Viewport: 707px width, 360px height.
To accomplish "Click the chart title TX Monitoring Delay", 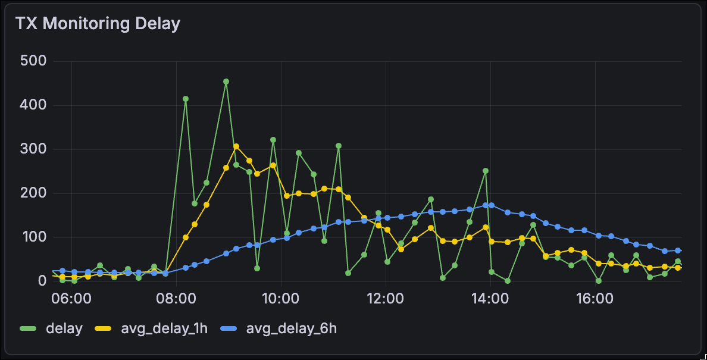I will click(x=98, y=24).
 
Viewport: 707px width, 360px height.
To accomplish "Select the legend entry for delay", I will click(x=64, y=328).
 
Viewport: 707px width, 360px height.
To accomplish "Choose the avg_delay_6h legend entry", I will click(x=291, y=328).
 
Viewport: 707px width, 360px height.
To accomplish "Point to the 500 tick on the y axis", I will click(x=33, y=61).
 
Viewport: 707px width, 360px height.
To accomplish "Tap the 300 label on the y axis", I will click(x=33, y=149).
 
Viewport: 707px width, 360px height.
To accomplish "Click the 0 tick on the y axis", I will click(x=42, y=281).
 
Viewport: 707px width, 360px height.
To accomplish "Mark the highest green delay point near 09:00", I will click(x=226, y=82).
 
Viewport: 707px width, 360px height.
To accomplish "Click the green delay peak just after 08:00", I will click(x=186, y=99).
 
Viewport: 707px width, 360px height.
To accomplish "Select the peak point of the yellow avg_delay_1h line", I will click(x=236, y=146).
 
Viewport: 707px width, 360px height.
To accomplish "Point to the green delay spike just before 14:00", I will click(x=486, y=171).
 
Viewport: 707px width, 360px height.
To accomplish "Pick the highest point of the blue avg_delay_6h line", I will click(x=492, y=205).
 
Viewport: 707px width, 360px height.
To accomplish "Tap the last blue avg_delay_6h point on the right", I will click(x=678, y=251).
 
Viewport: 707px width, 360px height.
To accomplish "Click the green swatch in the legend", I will click(x=28, y=328).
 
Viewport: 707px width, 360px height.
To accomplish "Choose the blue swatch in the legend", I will click(x=229, y=328).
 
